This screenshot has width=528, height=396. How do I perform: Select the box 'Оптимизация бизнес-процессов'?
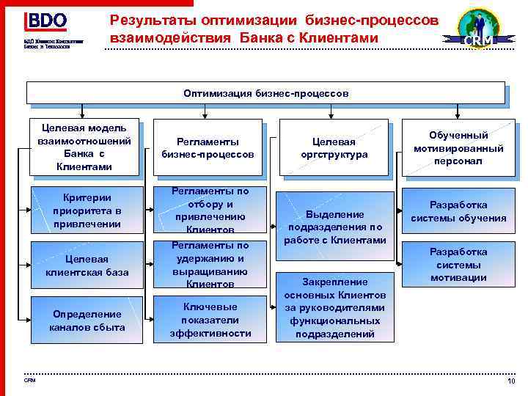click(266, 93)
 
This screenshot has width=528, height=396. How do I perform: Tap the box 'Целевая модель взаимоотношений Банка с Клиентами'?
click(84, 147)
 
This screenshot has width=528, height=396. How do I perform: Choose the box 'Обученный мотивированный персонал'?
click(458, 147)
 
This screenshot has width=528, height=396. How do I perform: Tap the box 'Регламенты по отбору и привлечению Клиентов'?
click(210, 210)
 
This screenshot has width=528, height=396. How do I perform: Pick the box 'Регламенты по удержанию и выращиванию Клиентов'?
click(210, 264)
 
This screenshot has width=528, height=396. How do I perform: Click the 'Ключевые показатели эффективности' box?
click(210, 320)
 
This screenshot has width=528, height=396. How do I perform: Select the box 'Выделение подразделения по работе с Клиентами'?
click(334, 227)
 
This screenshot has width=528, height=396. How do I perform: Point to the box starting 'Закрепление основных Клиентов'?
click(334, 307)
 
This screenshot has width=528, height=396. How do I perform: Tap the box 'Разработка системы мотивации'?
click(458, 264)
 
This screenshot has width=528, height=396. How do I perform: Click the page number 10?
click(511, 381)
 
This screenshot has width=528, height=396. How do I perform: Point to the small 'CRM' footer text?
click(29, 380)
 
